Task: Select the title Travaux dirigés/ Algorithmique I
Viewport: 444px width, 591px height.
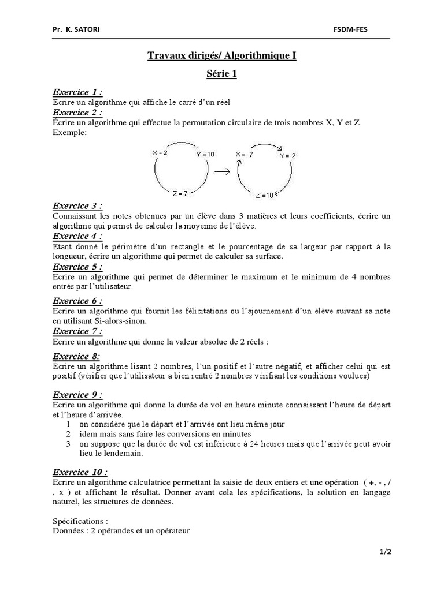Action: [222, 56]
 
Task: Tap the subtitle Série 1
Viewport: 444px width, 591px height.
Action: [222, 74]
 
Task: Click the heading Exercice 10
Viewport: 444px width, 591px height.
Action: [80, 472]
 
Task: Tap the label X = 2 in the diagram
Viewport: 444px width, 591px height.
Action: [160, 152]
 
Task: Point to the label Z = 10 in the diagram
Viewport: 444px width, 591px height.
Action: [265, 195]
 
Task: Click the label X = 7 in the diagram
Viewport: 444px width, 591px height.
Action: [245, 154]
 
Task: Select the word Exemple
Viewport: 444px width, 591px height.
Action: [69, 132]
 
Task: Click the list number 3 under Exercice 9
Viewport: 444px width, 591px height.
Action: [68, 444]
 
